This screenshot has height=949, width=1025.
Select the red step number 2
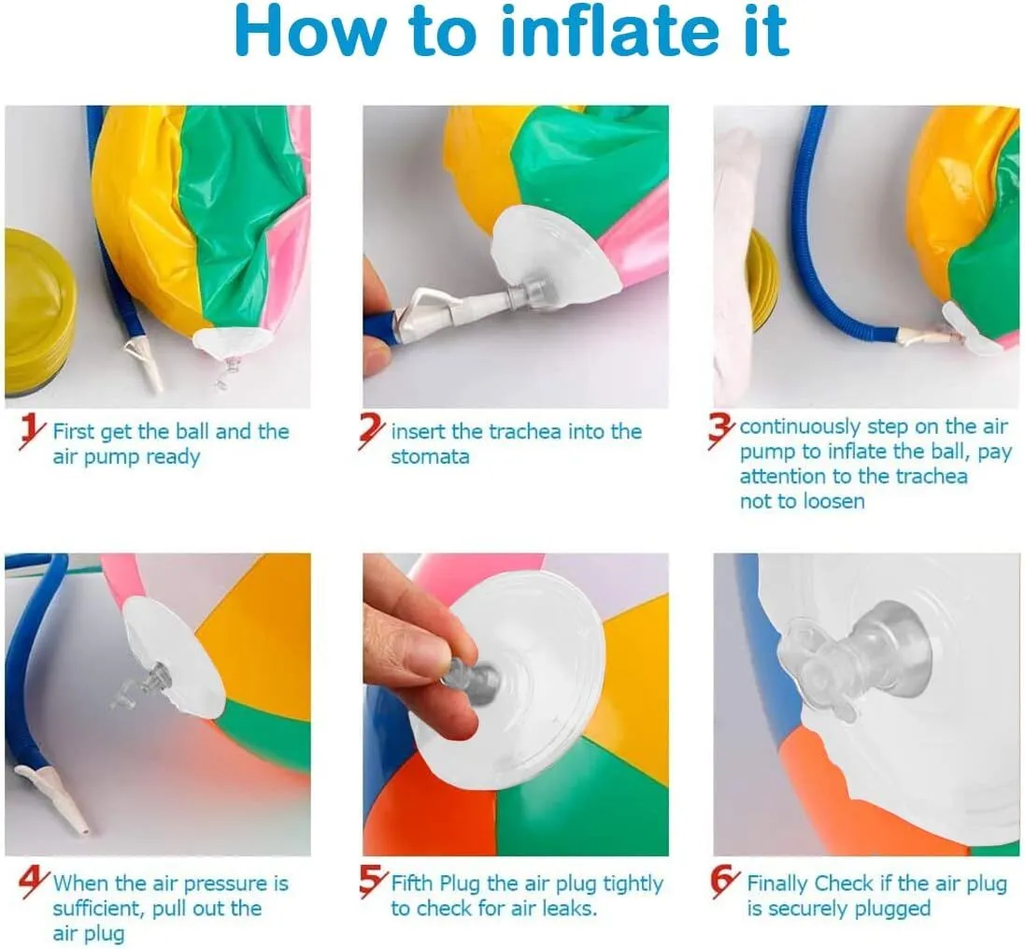[371, 431]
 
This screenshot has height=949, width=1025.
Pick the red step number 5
[372, 883]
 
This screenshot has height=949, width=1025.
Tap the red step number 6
[724, 883]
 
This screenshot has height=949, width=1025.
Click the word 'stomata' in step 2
[430, 456]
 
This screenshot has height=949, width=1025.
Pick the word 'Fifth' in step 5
[412, 883]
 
